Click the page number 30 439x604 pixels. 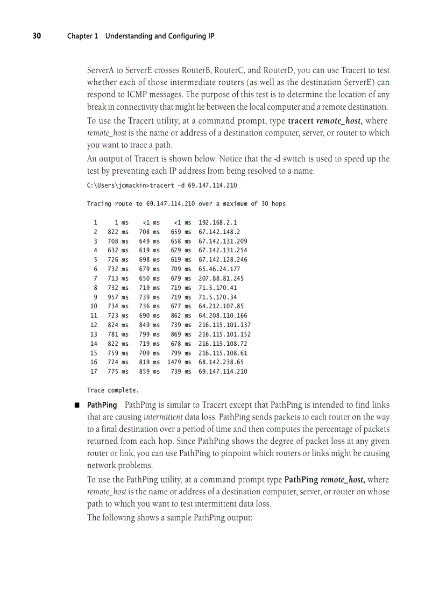[37, 36]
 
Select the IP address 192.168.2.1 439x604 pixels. [217, 222]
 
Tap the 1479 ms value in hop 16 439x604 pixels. [179, 362]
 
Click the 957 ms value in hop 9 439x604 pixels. [118, 297]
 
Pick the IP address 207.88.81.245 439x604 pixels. [221, 278]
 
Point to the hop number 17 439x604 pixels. [94, 371]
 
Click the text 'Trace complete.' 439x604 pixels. [113, 390]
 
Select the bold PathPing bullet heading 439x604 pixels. [102, 404]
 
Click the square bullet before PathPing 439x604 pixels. [77, 405]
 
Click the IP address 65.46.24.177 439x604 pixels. [219, 269]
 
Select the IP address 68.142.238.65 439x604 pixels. [221, 362]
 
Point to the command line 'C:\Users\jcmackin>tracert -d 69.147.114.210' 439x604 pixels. [161, 185]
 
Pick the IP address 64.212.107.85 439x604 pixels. [221, 306]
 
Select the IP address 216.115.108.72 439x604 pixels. [223, 343]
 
